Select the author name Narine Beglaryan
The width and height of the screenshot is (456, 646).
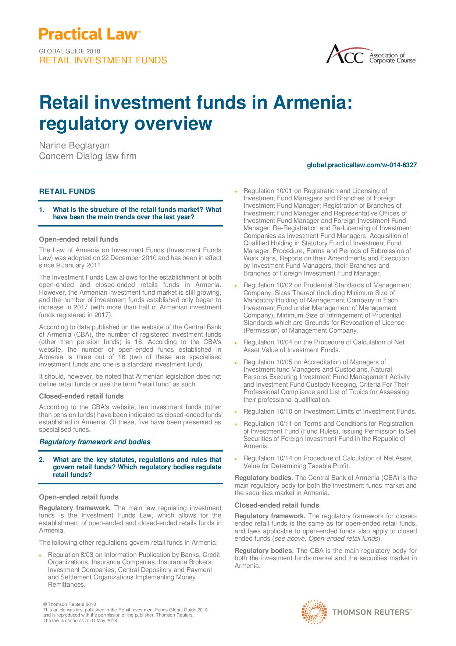(x=74, y=145)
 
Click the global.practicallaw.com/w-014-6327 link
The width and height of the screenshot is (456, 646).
(x=362, y=165)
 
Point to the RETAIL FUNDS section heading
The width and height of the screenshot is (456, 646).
(x=67, y=192)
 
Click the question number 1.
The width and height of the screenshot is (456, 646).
(x=42, y=210)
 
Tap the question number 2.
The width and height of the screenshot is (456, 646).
(x=42, y=460)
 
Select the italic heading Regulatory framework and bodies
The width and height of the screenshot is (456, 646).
(x=95, y=442)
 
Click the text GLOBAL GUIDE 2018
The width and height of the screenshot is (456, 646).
(x=70, y=52)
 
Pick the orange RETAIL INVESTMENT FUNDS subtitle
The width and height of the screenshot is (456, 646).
(x=103, y=60)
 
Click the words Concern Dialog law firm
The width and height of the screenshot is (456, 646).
(x=88, y=156)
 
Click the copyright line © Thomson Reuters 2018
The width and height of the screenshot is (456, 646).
(x=70, y=604)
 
